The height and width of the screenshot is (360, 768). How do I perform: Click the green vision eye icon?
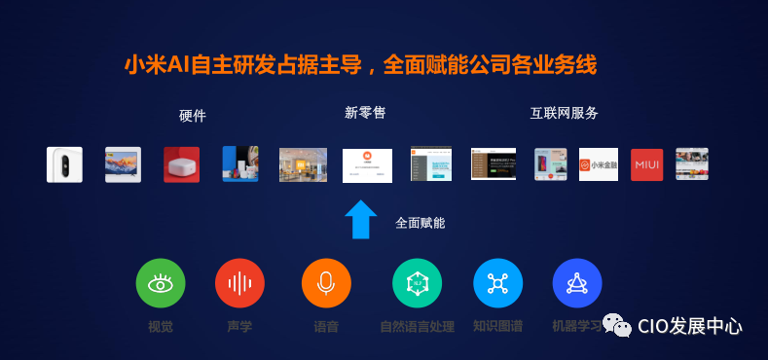(x=161, y=284)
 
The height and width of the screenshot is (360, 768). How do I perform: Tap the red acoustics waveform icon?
(x=239, y=284)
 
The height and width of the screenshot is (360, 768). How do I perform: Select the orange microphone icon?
(x=326, y=284)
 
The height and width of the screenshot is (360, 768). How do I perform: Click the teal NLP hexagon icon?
(x=417, y=284)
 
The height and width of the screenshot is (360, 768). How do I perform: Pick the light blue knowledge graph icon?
(x=497, y=284)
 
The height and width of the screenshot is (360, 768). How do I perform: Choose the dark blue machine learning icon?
(x=577, y=284)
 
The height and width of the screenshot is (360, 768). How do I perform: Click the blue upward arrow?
(x=360, y=220)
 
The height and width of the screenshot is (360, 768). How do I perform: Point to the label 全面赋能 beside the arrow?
(x=420, y=223)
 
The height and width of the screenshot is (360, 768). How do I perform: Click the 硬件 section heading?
(x=193, y=116)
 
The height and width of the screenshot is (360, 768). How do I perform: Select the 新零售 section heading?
(x=365, y=113)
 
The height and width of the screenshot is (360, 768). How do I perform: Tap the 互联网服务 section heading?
(x=564, y=113)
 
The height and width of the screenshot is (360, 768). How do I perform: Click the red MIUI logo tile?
(x=646, y=164)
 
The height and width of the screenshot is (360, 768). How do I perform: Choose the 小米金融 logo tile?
(x=599, y=164)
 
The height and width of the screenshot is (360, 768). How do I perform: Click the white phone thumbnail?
(x=64, y=164)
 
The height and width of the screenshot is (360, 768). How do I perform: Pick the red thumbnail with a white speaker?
(x=181, y=164)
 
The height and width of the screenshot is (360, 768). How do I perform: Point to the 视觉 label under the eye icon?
(x=161, y=327)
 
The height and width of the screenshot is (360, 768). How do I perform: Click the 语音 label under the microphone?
(x=326, y=327)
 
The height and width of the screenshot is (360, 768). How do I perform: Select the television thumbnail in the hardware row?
(x=123, y=164)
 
